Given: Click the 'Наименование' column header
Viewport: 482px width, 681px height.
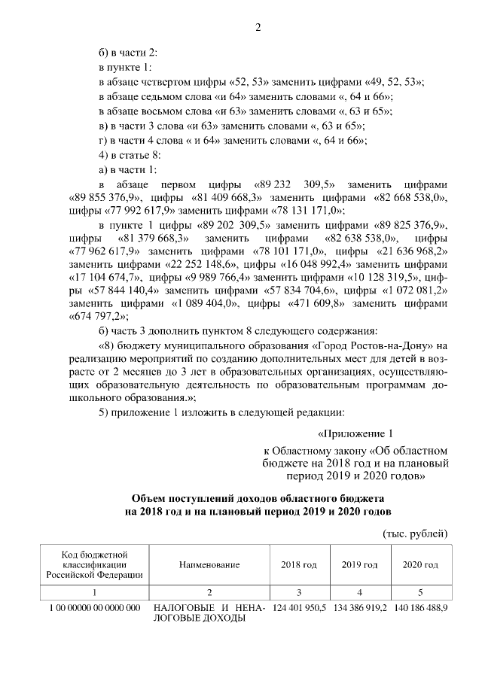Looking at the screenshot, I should [209, 564].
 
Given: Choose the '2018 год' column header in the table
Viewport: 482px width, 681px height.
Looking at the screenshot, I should [299, 564].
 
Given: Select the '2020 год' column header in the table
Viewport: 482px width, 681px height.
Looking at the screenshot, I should [420, 564].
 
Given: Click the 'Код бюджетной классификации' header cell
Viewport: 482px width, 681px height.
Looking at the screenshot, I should [95, 564].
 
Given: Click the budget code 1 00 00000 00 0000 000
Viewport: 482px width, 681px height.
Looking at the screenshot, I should [95, 607].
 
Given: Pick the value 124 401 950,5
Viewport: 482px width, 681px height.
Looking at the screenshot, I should [299, 607].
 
